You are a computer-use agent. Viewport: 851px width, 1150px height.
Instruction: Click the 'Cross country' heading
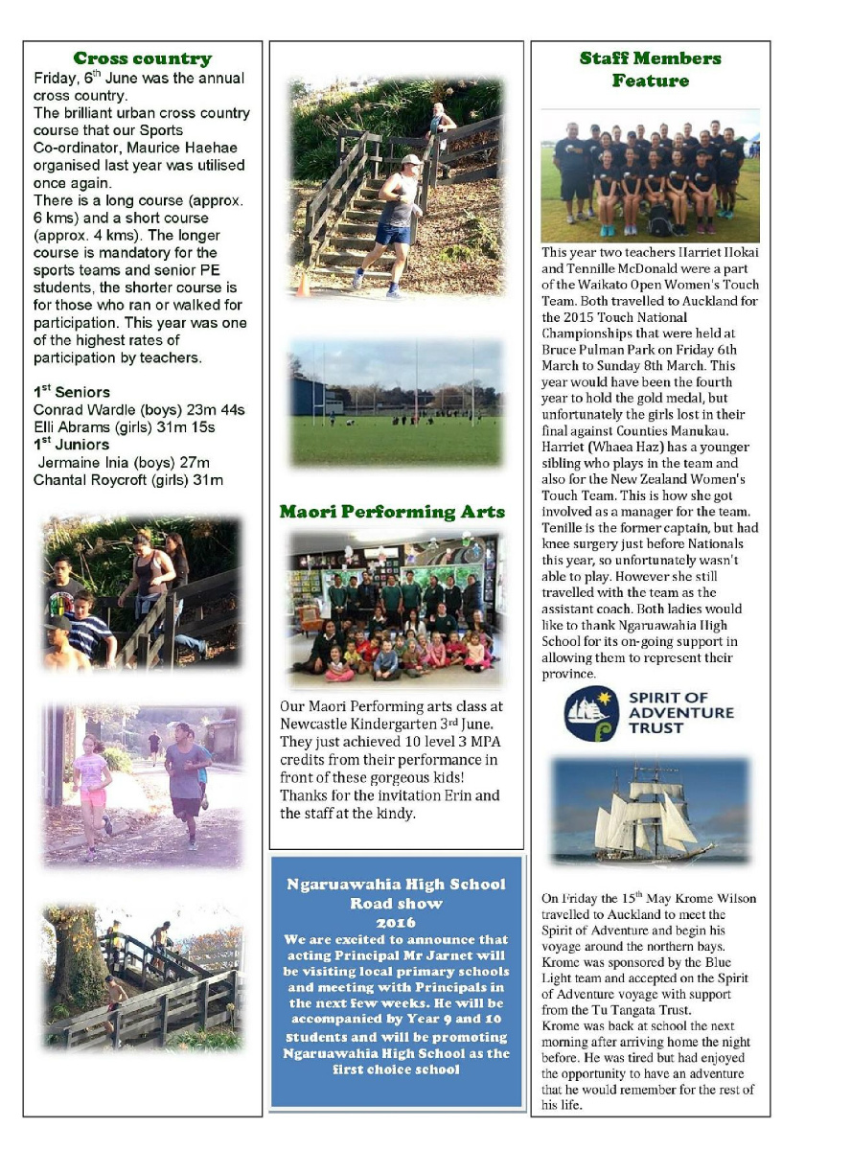pos(142,59)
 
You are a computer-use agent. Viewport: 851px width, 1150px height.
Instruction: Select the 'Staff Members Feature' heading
pos(650,69)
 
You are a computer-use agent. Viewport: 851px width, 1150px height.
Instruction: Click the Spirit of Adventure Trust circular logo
pos(590,713)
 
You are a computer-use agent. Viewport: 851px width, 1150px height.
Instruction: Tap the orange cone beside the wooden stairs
pos(304,285)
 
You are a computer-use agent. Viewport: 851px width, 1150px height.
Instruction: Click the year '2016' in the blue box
pos(396,922)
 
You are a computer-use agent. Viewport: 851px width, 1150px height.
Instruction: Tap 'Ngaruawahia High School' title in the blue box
pos(396,885)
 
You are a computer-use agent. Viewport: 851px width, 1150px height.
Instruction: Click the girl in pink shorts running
pos(92,781)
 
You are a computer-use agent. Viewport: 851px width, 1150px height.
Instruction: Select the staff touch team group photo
pos(650,175)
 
